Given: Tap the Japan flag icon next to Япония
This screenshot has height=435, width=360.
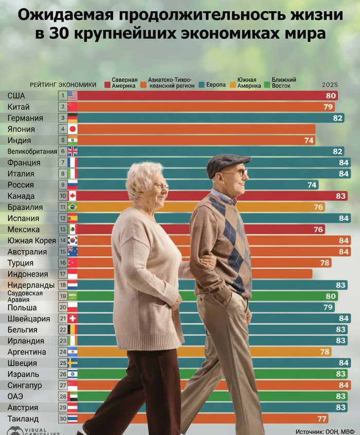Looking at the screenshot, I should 73,129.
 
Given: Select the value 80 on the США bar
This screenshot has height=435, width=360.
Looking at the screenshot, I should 331,96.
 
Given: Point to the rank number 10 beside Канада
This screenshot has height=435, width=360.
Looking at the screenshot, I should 62,196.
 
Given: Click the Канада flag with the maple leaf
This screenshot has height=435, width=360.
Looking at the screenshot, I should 73,196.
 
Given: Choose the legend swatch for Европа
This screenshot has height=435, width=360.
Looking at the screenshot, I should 203,84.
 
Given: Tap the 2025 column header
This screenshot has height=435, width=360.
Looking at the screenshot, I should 330,84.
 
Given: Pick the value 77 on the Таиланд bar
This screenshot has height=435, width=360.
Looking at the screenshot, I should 322,419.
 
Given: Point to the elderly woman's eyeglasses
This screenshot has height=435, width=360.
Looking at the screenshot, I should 160,186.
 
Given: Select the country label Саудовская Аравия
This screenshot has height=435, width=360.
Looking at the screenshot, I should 21,296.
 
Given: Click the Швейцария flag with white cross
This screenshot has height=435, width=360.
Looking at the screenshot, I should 73,318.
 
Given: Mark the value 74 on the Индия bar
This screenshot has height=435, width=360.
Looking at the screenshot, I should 309,140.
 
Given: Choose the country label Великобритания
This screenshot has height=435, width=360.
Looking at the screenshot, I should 32,151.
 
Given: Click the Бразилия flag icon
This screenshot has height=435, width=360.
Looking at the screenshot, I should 73,207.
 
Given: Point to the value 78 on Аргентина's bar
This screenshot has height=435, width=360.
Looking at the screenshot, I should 325,352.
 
